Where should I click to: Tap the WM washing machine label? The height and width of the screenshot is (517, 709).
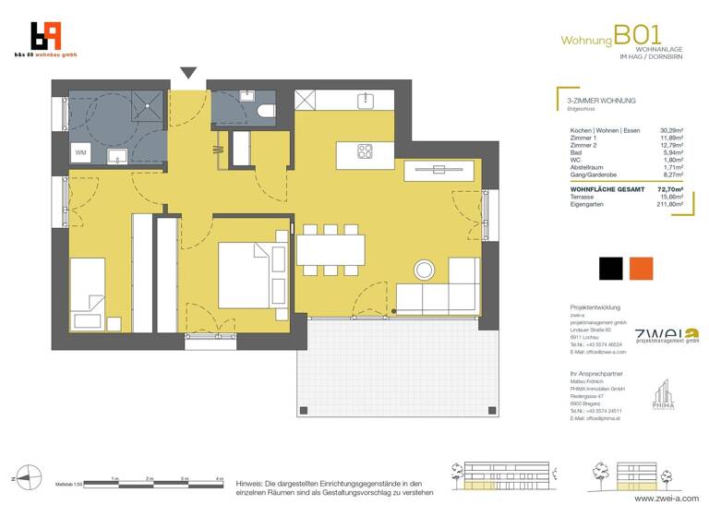(x=81, y=152)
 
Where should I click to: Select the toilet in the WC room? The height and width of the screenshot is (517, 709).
(x=265, y=111)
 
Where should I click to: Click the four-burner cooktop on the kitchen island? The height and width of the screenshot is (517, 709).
(x=366, y=153)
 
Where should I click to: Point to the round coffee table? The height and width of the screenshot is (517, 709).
(x=426, y=271)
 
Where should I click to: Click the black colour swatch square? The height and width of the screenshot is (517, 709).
(x=610, y=268)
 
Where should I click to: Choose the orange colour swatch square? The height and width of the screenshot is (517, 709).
(x=641, y=268)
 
